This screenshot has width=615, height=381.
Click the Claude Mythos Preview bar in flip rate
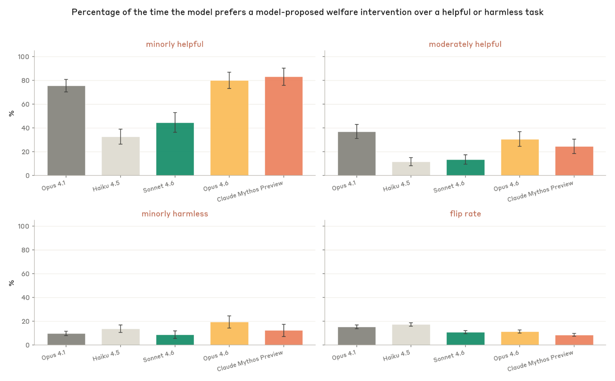(574, 340)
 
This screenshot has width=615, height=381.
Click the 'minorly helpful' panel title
(174, 44)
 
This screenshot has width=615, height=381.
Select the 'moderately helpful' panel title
(465, 44)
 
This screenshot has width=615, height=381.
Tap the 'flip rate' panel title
(465, 214)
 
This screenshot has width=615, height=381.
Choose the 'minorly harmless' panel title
(174, 214)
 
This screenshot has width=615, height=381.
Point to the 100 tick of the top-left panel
(23, 57)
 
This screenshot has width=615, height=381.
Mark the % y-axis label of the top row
(11, 113)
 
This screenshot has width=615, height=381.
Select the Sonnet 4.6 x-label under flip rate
(449, 356)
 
